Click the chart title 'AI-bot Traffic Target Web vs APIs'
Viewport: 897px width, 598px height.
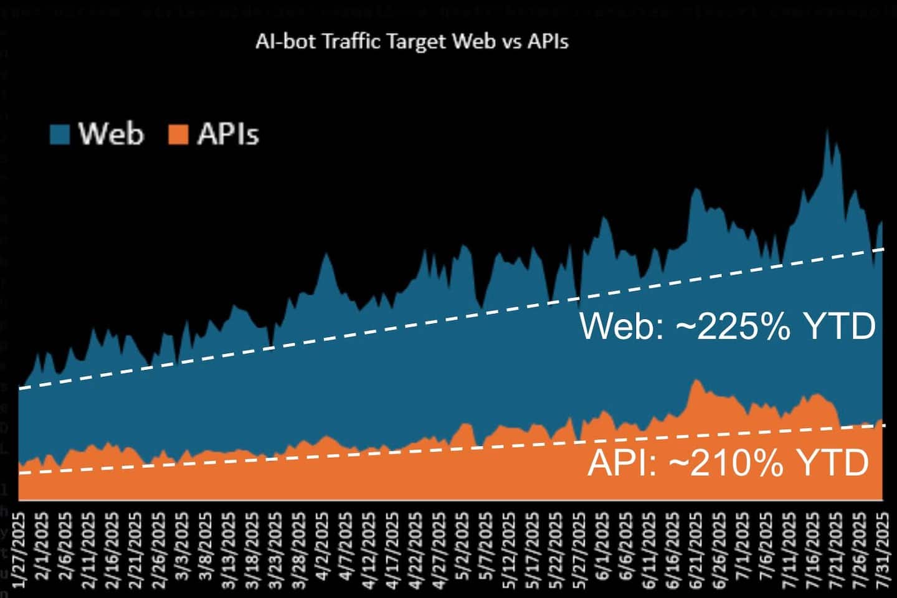tap(412, 41)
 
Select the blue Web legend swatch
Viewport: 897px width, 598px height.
tap(60, 134)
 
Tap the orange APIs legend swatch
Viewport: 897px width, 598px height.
tap(178, 134)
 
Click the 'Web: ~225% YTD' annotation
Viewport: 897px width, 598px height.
tap(728, 326)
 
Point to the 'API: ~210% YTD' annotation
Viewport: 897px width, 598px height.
tap(728, 462)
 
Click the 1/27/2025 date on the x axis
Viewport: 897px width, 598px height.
tap(19, 551)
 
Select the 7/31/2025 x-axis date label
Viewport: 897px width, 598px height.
tap(883, 551)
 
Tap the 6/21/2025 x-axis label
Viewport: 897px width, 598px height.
tap(695, 551)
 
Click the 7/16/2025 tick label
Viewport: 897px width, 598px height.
tap(812, 551)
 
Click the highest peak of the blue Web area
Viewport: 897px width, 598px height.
tap(827, 131)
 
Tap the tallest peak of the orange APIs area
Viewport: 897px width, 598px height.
tap(696, 380)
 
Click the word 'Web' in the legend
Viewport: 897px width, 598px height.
tap(111, 134)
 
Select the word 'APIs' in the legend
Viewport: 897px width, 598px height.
tap(227, 134)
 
